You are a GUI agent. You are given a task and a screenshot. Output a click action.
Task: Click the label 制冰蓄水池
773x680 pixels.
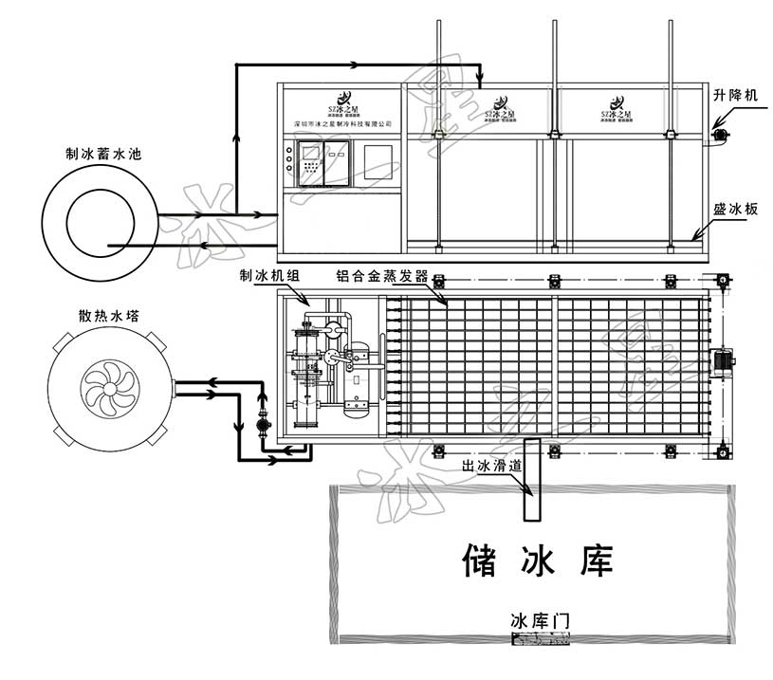(x=102, y=153)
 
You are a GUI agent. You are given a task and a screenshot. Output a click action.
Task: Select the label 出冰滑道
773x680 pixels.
(x=491, y=466)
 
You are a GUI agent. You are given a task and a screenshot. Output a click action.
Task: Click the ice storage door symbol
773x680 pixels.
(x=541, y=640)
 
